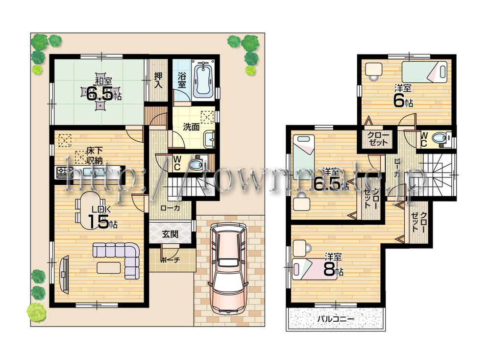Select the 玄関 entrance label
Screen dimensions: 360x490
coord(170,234)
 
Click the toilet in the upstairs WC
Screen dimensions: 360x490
coord(442,139)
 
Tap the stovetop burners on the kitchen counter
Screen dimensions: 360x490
coord(64,173)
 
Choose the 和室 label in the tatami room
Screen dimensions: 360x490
coord(101,80)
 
